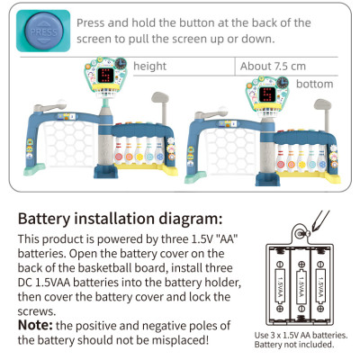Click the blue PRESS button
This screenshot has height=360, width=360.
(x=44, y=31)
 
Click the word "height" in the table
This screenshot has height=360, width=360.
(x=149, y=66)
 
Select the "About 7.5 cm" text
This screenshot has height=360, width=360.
(x=273, y=66)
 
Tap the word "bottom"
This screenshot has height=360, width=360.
(x=315, y=84)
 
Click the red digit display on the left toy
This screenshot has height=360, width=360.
(x=105, y=75)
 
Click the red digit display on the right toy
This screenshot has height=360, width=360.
(x=267, y=94)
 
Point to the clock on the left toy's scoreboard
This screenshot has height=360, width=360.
(x=121, y=63)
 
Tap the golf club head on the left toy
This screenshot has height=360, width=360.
(x=160, y=97)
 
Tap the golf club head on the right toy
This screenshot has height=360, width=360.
(x=323, y=104)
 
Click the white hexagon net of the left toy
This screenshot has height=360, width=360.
(x=69, y=143)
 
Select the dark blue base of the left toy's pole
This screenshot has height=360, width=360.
(x=105, y=171)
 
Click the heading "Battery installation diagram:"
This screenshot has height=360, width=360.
(x=120, y=219)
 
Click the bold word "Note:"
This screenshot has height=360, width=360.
(x=35, y=325)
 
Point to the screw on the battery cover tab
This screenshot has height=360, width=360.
(x=300, y=233)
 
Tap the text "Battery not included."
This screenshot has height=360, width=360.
(x=294, y=345)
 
